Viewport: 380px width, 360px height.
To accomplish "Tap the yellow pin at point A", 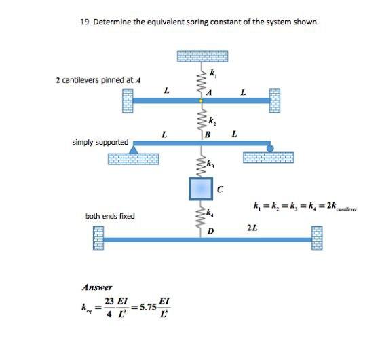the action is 200,101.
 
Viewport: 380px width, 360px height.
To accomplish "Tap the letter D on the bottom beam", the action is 211,232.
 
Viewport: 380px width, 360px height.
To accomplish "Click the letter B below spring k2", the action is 208,134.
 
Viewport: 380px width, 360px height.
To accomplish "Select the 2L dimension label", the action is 252,226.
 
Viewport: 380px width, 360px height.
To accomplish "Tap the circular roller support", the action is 269,147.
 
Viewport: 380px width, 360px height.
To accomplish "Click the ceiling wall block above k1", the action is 202,56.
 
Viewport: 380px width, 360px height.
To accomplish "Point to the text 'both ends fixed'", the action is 110,216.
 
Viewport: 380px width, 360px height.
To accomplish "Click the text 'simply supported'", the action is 100,142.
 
